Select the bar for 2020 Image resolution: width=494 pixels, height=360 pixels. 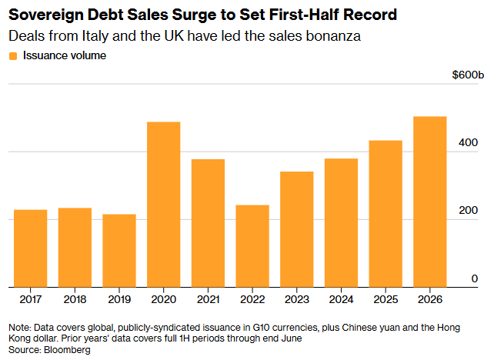pos(163,205)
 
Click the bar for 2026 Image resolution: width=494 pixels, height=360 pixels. pos(429,202)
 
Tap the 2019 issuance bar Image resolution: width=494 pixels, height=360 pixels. pos(119,251)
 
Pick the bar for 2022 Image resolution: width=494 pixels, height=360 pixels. pos(252,246)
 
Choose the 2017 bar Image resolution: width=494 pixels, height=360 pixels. pos(31,248)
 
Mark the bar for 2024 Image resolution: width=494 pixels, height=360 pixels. pos(341,222)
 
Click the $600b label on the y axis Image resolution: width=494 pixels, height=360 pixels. pos(468,75)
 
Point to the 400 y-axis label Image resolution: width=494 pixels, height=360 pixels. pos(468,142)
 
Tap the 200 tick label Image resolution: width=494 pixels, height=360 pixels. pos(468,211)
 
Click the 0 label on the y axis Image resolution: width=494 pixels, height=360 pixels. pos(475,278)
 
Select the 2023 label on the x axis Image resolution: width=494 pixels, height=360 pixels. pos(297,299)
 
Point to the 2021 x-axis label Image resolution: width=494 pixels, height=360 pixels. pos(208,299)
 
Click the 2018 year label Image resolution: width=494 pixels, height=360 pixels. pos(75,299)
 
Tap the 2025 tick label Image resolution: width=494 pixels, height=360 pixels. pos(386,299)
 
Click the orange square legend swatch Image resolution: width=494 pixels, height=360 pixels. pos(13,56)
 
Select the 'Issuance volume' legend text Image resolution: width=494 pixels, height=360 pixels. pos(65,55)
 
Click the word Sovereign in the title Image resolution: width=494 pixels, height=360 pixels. pos(46,15)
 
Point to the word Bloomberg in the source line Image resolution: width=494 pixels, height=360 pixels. pos(67,350)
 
